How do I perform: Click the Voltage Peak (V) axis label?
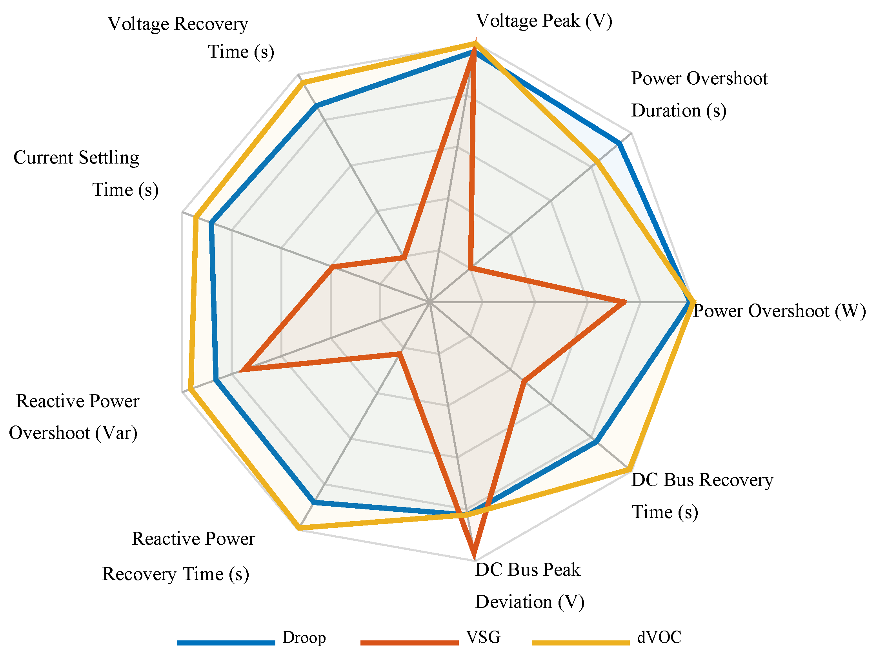(x=544, y=21)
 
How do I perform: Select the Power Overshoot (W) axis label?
(x=779, y=311)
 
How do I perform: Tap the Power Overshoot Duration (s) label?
(x=699, y=95)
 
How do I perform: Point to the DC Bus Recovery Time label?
(x=702, y=496)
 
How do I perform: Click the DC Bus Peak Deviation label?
(x=529, y=585)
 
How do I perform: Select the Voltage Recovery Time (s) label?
(x=190, y=38)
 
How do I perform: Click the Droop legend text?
(x=304, y=637)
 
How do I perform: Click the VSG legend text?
(x=483, y=637)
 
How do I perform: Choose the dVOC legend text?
(x=659, y=637)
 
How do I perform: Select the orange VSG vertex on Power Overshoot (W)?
(x=624, y=302)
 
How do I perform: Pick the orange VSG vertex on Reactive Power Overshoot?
(x=242, y=371)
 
